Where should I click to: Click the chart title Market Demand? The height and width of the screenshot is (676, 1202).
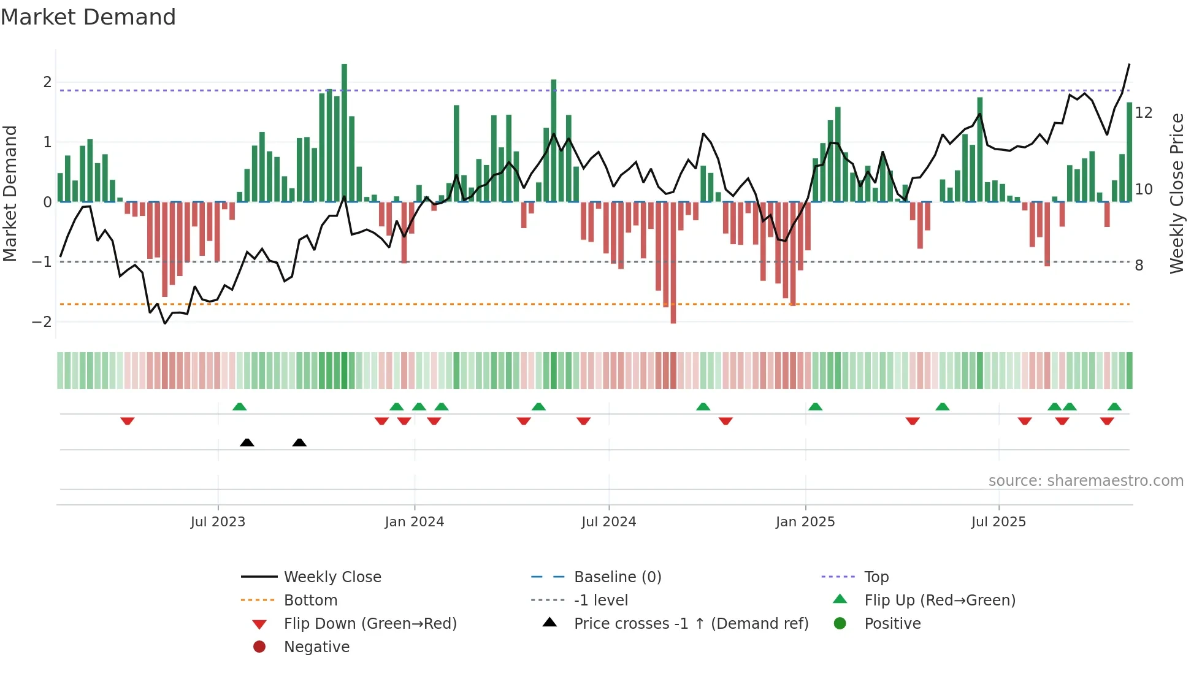click(x=88, y=17)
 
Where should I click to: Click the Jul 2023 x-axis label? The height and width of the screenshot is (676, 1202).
click(x=218, y=522)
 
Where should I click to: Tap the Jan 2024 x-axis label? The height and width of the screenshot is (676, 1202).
click(x=414, y=522)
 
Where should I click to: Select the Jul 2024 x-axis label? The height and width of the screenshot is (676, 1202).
click(x=608, y=522)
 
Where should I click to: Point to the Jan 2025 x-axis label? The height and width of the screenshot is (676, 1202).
click(x=805, y=522)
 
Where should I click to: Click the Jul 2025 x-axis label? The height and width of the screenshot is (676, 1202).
click(x=998, y=522)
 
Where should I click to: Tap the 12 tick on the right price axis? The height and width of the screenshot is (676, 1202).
click(x=1143, y=113)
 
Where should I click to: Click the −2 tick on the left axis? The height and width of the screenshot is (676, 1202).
click(x=42, y=322)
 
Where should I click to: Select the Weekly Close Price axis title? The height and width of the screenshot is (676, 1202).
click(x=1176, y=193)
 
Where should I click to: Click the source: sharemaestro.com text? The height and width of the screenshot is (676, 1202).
click(x=1085, y=481)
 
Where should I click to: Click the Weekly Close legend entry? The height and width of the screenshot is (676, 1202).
click(x=332, y=577)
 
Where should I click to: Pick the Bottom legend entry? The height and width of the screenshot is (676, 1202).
click(x=310, y=601)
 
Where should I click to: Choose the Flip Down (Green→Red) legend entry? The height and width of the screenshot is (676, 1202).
click(x=370, y=624)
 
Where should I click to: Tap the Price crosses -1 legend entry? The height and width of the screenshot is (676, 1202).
click(x=691, y=624)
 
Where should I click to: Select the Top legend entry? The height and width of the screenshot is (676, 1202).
click(x=876, y=577)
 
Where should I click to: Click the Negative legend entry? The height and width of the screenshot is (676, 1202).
click(x=316, y=647)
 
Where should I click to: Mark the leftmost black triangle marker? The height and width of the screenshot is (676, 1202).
click(x=247, y=443)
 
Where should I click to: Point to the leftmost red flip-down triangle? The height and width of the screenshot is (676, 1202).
click(x=127, y=421)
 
